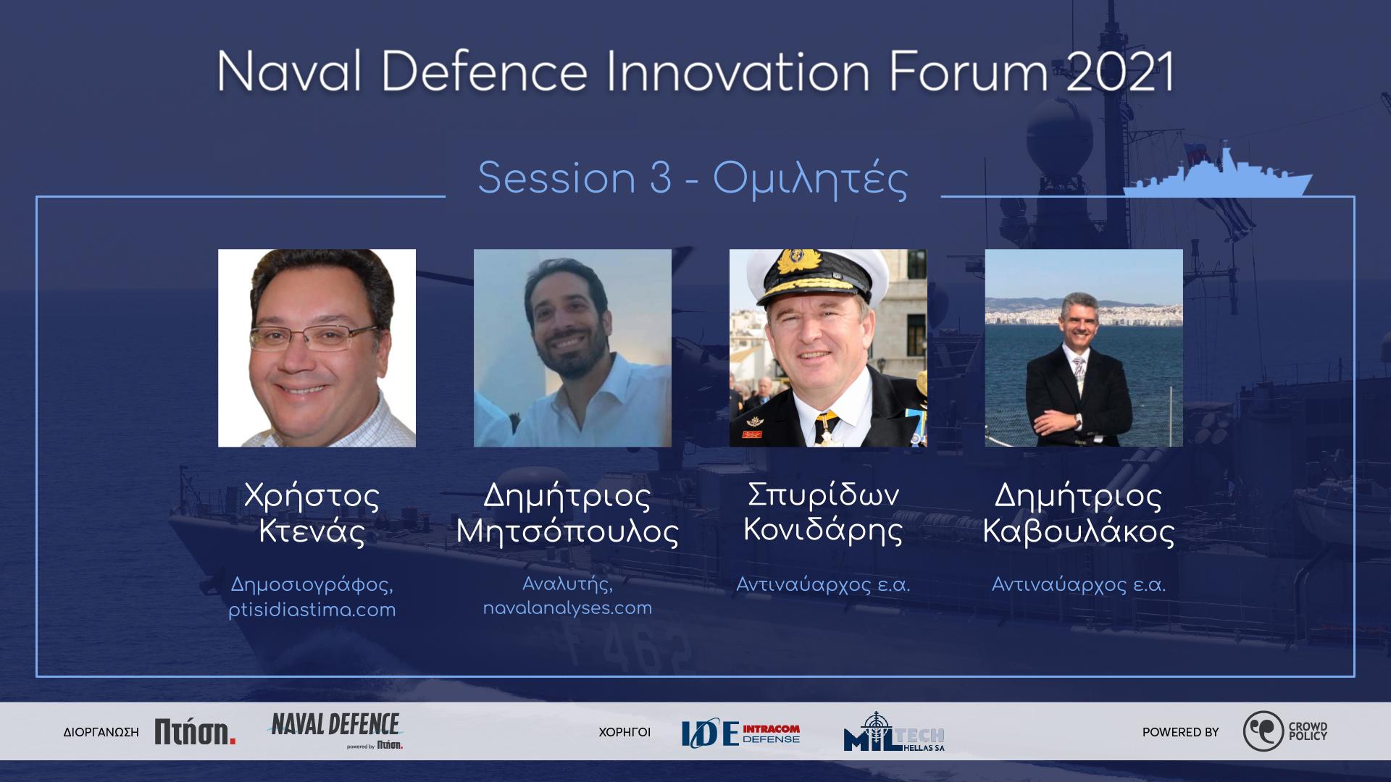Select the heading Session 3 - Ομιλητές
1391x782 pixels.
click(x=693, y=179)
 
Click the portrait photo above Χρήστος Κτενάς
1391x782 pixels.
click(x=317, y=348)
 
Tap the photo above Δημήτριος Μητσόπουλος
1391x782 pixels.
click(x=572, y=348)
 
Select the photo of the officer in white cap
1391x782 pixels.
click(x=828, y=348)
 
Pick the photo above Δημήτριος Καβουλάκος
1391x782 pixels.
click(x=1084, y=348)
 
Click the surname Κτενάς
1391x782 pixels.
click(x=312, y=532)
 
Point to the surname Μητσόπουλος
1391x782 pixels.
click(x=567, y=532)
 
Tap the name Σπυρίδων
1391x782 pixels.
click(x=823, y=496)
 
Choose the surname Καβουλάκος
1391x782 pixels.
click(x=1079, y=532)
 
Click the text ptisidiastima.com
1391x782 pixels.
click(x=312, y=610)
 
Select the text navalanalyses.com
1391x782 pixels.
click(x=567, y=608)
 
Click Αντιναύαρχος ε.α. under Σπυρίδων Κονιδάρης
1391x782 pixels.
click(x=823, y=584)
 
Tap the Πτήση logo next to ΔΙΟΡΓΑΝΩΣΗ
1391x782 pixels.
click(x=195, y=732)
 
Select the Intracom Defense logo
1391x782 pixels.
click(x=740, y=733)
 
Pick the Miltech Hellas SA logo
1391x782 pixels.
click(x=894, y=732)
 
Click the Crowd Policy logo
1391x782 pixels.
click(x=1285, y=731)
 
